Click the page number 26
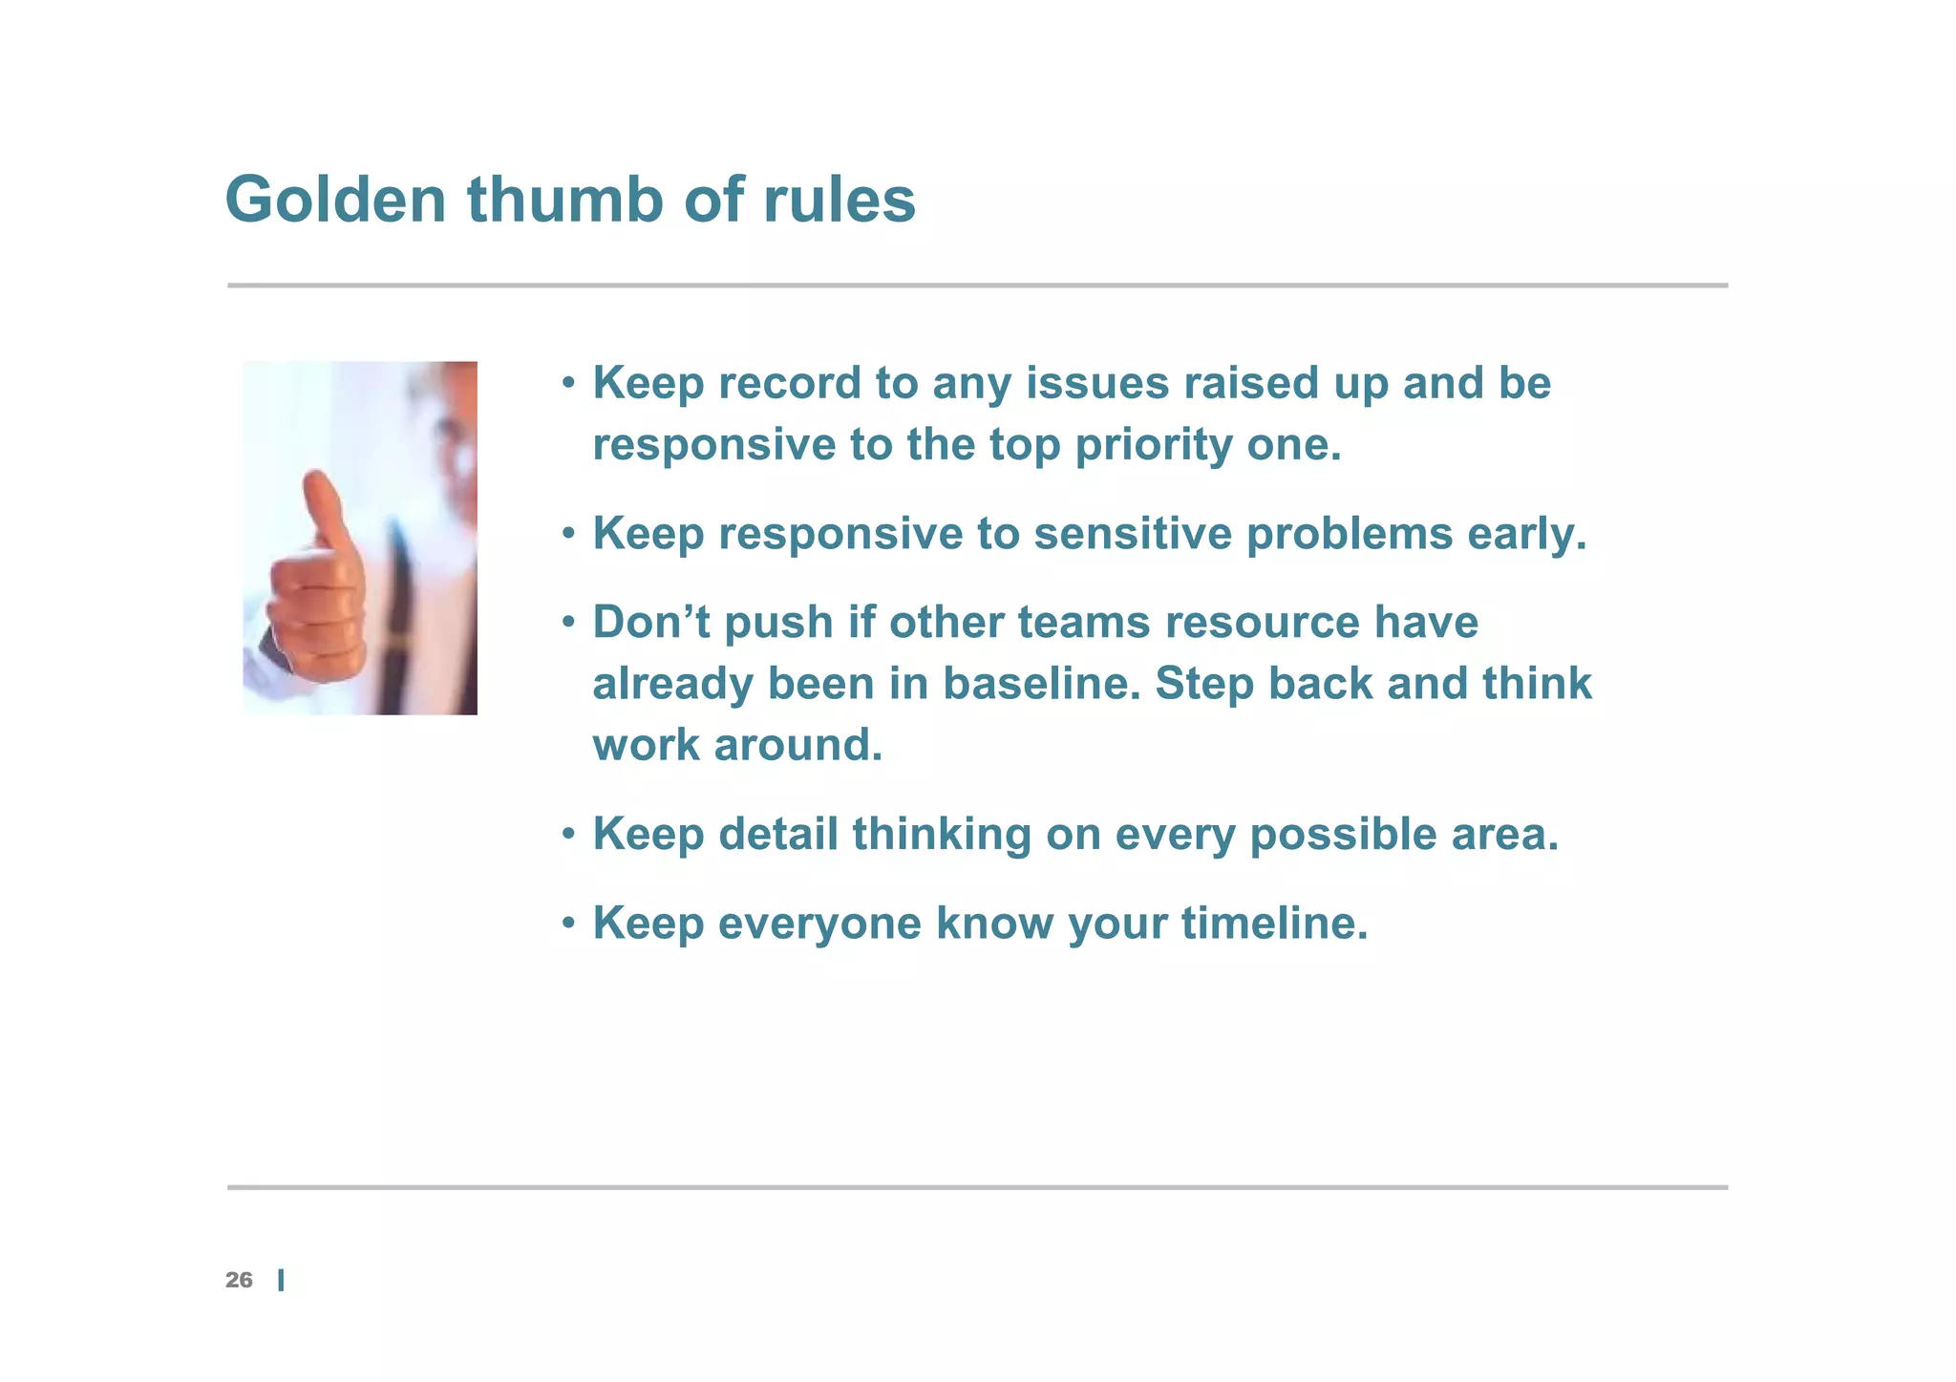tap(239, 1280)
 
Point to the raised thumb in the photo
tap(322, 511)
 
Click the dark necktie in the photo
tap(397, 611)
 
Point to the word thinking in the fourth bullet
tap(942, 834)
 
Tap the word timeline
tap(1274, 923)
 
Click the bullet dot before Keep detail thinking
tap(568, 835)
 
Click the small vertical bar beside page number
tap(281, 1281)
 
